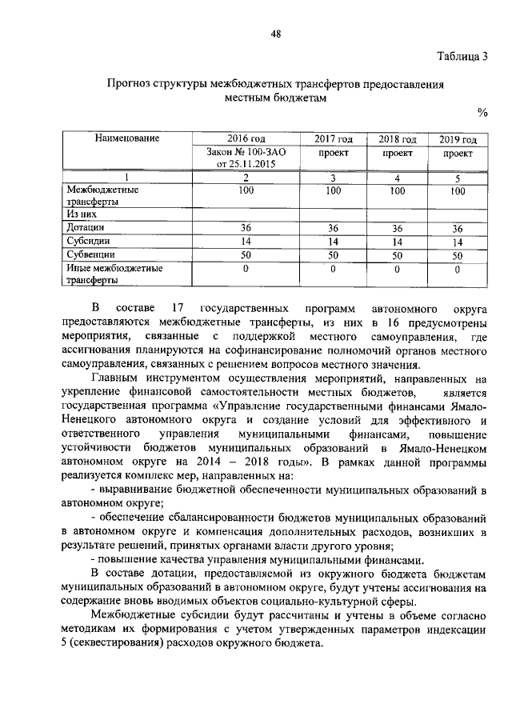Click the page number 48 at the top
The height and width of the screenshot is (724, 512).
pos(276,32)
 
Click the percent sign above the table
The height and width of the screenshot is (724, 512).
pos(482,111)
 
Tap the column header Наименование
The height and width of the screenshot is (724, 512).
pos(128,138)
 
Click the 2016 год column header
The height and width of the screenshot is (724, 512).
pos(246,139)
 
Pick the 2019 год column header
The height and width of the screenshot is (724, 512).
pos(458,139)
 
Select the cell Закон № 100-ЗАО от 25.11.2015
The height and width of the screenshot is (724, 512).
pos(246,158)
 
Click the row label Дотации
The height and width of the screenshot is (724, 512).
pos(86,227)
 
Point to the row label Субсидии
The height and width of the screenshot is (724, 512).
pos(89,240)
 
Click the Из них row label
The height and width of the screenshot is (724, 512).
pos(82,214)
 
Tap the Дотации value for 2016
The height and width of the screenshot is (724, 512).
pos(246,228)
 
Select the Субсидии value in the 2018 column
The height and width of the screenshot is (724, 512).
pos(398,241)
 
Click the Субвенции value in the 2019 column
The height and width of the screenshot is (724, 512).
pos(458,256)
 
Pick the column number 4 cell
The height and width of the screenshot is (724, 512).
pos(398,178)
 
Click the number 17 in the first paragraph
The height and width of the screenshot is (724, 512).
pos(178,308)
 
